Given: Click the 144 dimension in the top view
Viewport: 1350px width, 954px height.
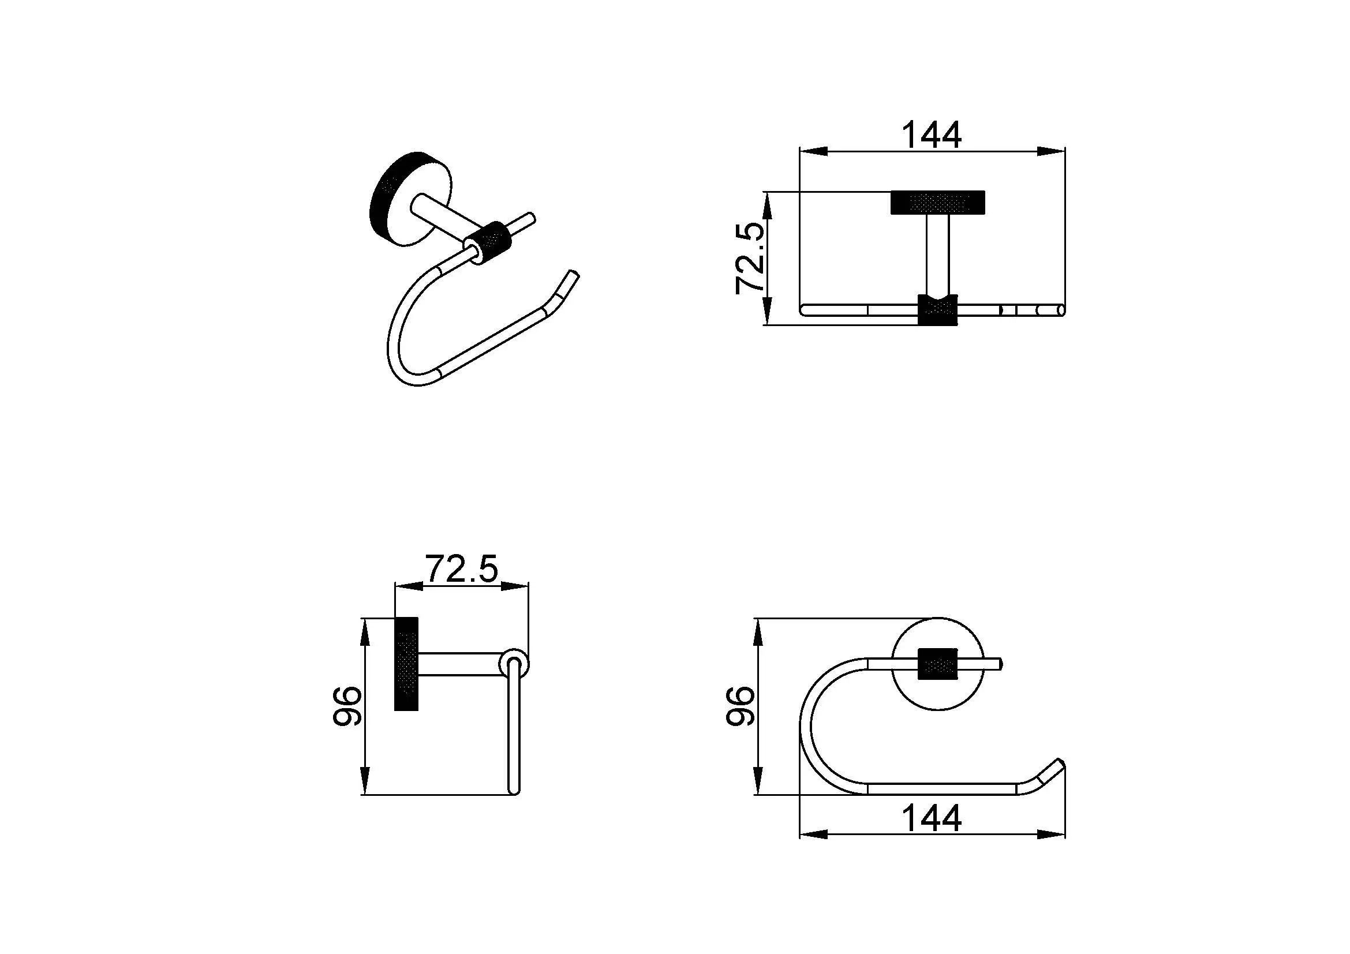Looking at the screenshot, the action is pos(932,135).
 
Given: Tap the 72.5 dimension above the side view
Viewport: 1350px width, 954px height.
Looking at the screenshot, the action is pos(461,568).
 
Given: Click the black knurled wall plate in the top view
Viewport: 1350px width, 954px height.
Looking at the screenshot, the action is pos(938,203).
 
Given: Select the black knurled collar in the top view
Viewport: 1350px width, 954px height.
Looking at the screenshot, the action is pos(938,309).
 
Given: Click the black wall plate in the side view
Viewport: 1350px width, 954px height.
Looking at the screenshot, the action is pos(406,664).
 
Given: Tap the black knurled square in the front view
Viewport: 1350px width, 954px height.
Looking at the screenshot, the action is pos(938,664).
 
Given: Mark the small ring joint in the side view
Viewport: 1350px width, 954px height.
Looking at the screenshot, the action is pos(514,664).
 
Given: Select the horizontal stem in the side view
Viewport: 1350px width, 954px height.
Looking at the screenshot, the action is pos(460,664).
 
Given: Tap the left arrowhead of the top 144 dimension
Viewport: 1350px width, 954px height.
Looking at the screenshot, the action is pos(814,152).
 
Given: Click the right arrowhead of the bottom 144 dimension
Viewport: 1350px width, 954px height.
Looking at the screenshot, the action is pos(1051,834).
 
